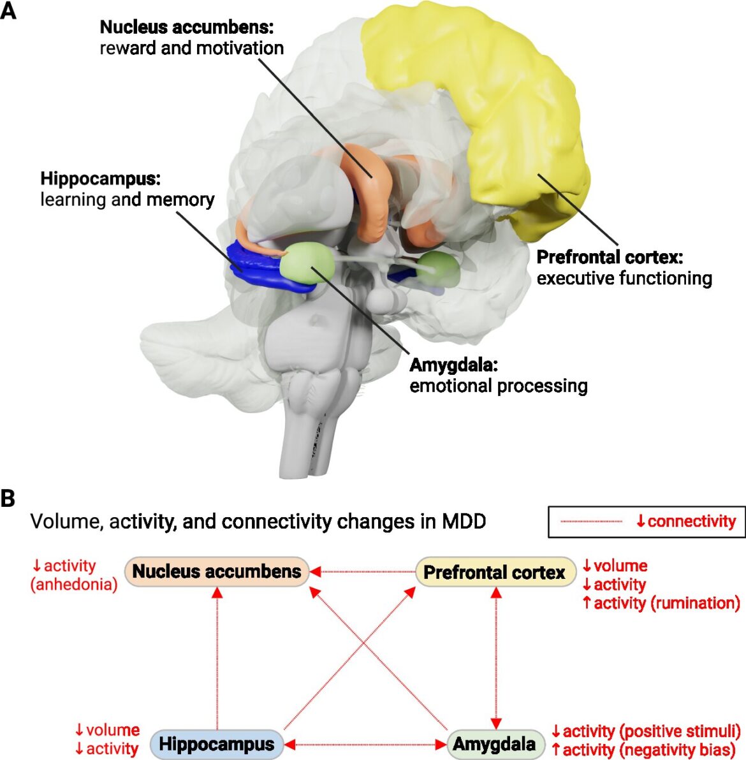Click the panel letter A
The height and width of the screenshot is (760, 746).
tap(8, 11)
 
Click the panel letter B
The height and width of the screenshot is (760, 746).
tap(8, 498)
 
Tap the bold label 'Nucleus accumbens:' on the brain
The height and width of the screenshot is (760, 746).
tap(186, 27)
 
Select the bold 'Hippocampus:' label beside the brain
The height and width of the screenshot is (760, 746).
tap(100, 179)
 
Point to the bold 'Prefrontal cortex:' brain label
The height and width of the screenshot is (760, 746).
tap(609, 257)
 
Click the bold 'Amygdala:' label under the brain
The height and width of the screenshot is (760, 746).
tap(453, 365)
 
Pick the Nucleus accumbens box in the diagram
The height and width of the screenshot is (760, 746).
tap(217, 571)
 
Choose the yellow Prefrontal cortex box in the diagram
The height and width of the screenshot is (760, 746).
tap(494, 572)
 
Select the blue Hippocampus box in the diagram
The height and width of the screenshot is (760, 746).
tap(217, 743)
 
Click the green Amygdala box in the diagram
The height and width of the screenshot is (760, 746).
tap(494, 743)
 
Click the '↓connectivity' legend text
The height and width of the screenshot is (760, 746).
tap(685, 522)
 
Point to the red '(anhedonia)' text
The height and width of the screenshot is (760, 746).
tap(74, 584)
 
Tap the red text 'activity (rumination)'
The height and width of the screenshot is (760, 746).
tap(666, 603)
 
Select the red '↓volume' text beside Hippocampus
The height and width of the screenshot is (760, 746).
tap(106, 730)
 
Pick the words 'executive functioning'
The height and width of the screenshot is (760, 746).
tap(624, 278)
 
